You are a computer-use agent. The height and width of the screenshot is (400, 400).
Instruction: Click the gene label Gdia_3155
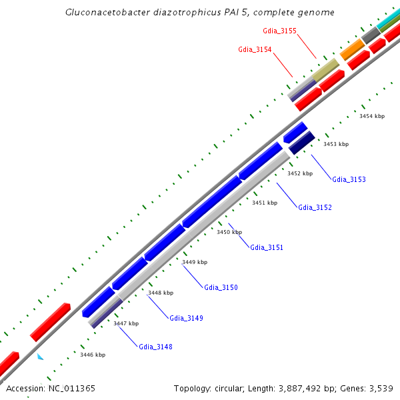click(x=280, y=31)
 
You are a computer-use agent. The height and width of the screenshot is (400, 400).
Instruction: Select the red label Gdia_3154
click(x=255, y=49)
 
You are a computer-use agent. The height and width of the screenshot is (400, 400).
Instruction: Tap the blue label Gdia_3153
click(x=349, y=179)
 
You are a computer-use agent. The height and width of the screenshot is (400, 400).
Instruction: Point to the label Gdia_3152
click(x=315, y=207)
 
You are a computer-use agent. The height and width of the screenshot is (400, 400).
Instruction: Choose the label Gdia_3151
click(x=267, y=247)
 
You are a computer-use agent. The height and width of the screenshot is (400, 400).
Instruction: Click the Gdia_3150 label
click(x=221, y=287)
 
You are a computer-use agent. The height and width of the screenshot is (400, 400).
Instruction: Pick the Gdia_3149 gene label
click(x=186, y=318)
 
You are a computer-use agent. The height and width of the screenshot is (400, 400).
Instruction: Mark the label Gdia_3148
click(x=155, y=346)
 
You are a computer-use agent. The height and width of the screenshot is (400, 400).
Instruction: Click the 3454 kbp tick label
click(x=372, y=116)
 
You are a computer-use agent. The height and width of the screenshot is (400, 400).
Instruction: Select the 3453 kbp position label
click(x=336, y=144)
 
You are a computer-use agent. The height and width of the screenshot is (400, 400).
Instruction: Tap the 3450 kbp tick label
click(x=229, y=232)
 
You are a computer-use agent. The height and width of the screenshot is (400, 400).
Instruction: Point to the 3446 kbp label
click(x=93, y=355)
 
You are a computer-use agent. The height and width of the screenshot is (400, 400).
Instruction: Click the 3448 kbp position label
click(x=161, y=293)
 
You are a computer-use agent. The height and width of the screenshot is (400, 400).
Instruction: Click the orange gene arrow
click(x=352, y=49)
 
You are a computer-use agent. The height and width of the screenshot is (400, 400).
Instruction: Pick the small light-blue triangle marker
click(x=41, y=357)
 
